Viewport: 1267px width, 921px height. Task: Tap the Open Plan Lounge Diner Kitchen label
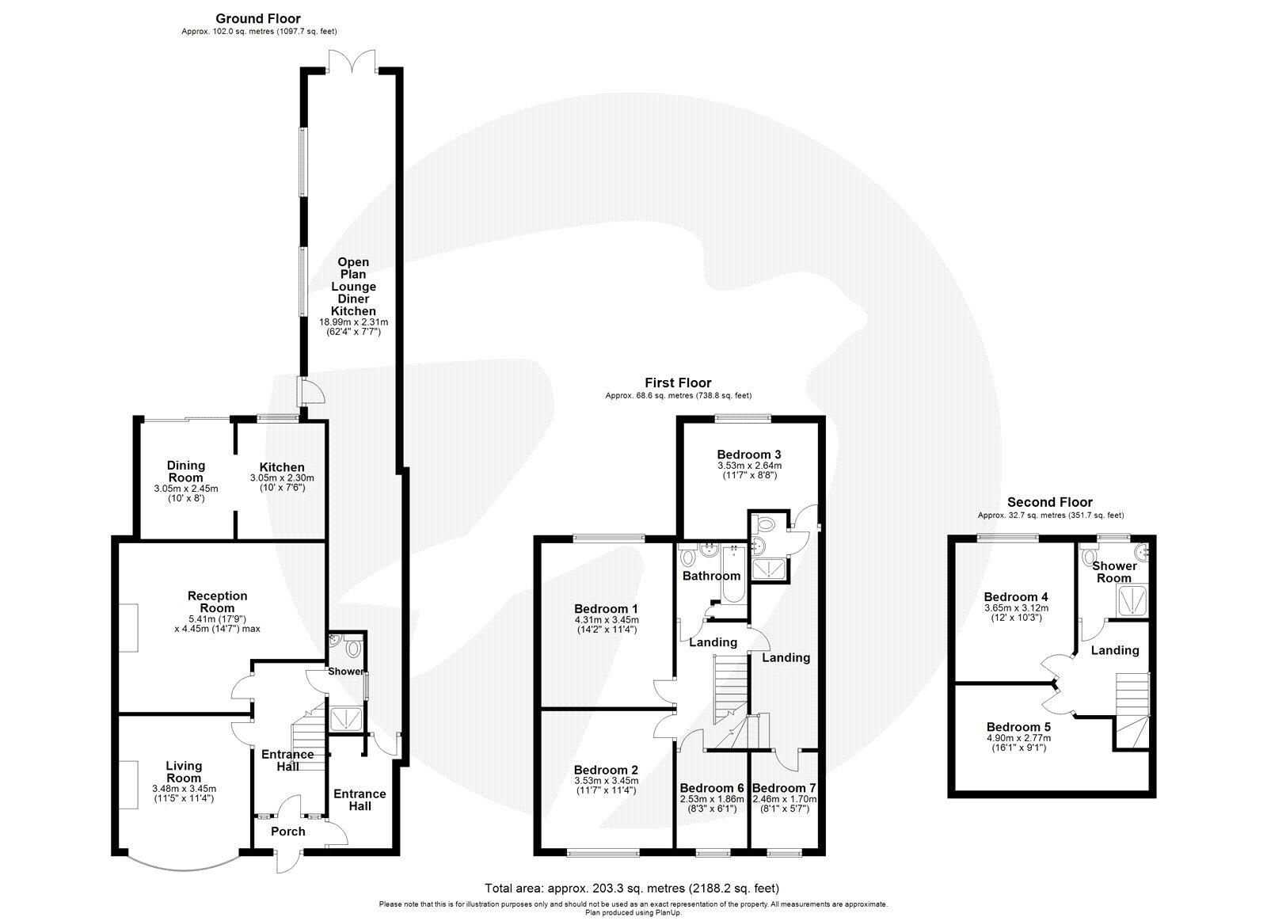tap(353, 287)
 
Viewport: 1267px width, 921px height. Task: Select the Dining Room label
tap(186, 471)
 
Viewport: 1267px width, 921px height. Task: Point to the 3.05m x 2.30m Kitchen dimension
tap(282, 478)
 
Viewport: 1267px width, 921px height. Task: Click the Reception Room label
tap(217, 602)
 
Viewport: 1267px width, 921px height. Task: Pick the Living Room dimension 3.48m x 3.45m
tap(184, 789)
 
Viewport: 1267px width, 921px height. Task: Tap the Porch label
tap(288, 832)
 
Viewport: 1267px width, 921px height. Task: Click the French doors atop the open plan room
tap(352, 62)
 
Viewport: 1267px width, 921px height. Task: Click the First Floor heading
tap(678, 383)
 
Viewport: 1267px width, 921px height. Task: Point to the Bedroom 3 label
tap(749, 455)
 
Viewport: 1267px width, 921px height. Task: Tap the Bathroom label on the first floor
tap(711, 576)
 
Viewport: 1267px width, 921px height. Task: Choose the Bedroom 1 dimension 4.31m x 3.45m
tap(606, 620)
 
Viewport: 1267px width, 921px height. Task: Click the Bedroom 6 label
tap(712, 788)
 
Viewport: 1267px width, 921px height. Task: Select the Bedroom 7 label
tap(784, 788)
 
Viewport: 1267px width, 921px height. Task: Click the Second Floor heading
tap(1049, 502)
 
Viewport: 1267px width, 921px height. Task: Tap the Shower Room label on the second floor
tap(1113, 572)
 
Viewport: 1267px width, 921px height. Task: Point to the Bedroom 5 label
tap(1018, 727)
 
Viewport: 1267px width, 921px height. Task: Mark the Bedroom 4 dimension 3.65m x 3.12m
tap(1015, 608)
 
